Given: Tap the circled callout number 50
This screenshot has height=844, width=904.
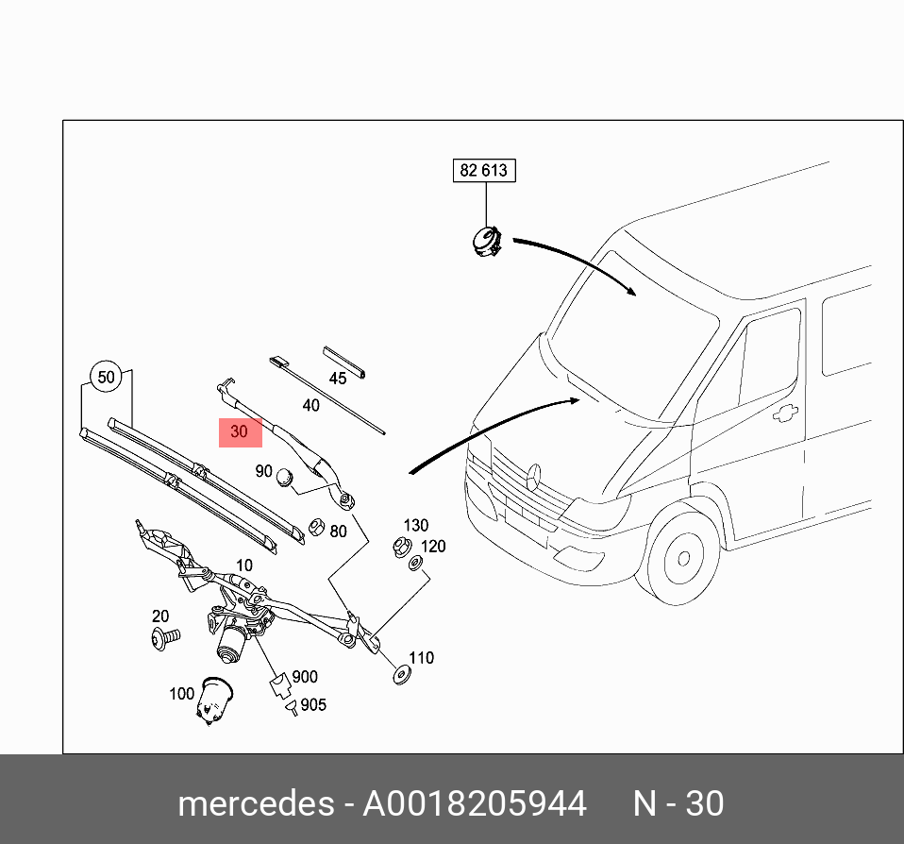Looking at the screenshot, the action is [x=107, y=378].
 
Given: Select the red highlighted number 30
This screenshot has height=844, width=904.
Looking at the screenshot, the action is [x=240, y=432].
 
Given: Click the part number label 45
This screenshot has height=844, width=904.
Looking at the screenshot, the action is [x=338, y=379].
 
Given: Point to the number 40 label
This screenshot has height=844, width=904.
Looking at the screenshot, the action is [x=310, y=406].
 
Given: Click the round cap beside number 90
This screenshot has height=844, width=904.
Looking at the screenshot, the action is [x=285, y=481].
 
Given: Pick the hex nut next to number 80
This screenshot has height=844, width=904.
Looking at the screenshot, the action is [x=317, y=526].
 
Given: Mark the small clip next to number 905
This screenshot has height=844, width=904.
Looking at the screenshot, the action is [x=293, y=703].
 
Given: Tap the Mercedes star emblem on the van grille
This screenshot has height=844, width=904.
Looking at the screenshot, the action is [x=534, y=476].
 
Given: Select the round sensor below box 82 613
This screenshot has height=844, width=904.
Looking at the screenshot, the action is [x=487, y=241].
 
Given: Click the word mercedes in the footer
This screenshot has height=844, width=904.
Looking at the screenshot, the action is [x=256, y=803].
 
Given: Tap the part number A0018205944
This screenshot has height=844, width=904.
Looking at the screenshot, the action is [x=475, y=803].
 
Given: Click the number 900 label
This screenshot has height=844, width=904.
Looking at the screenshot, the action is [x=305, y=677].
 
